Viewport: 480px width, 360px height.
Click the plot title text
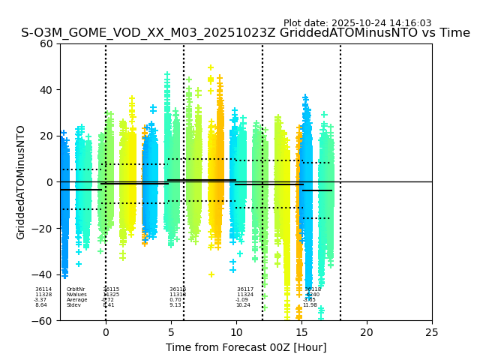(245, 33)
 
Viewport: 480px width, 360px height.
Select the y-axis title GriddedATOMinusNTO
(21, 182)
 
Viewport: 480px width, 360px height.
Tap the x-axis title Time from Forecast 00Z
(246, 347)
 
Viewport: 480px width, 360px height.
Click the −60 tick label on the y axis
(43, 320)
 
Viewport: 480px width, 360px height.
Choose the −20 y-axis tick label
(43, 229)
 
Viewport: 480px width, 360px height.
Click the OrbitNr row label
(76, 289)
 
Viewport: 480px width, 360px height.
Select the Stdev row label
(73, 305)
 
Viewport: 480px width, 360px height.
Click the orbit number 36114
(43, 289)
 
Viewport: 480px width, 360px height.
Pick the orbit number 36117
(245, 289)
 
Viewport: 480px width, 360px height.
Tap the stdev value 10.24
(243, 305)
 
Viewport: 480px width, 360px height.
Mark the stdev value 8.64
(40, 305)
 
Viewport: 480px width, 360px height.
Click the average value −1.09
(241, 300)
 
